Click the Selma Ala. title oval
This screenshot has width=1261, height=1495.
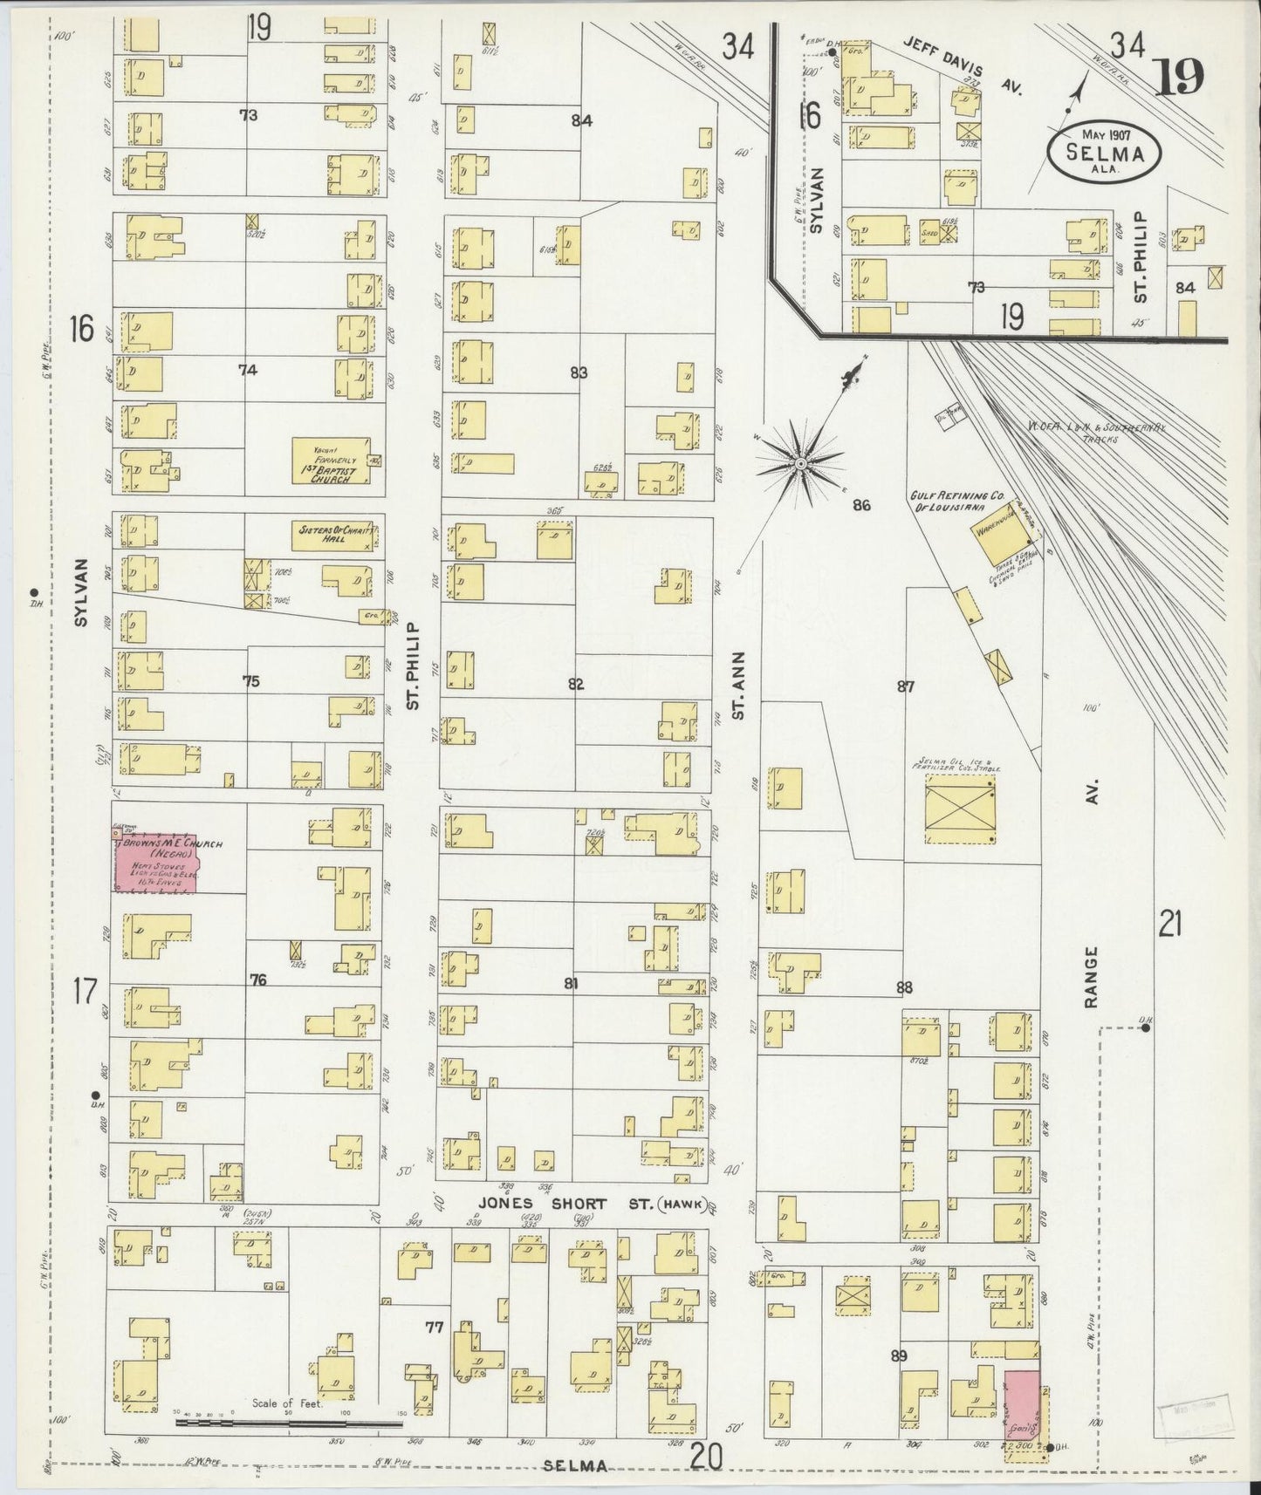[x=1104, y=150]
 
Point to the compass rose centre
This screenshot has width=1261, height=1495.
[x=799, y=463]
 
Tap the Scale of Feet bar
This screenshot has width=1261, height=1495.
[x=288, y=1423]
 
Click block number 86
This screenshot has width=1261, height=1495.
[x=862, y=505]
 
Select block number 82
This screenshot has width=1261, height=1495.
[x=576, y=684]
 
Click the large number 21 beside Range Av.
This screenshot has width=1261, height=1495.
[x=1170, y=922]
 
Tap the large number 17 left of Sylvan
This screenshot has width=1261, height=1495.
[x=85, y=991]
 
